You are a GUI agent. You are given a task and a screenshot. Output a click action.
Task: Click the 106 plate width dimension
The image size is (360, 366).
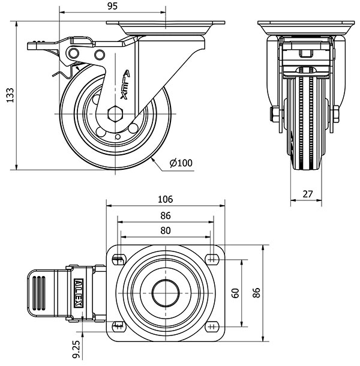(x=166, y=200)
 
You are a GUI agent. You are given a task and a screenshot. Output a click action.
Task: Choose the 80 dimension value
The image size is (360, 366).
(x=166, y=230)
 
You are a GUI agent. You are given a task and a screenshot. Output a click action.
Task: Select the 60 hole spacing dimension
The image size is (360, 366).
(x=236, y=293)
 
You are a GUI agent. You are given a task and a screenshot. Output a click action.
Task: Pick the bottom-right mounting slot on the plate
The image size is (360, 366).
(x=211, y=326)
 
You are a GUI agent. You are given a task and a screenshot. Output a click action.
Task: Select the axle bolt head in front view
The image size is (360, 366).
(x=274, y=113)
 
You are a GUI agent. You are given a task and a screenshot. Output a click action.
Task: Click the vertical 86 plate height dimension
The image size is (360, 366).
(x=256, y=293)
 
